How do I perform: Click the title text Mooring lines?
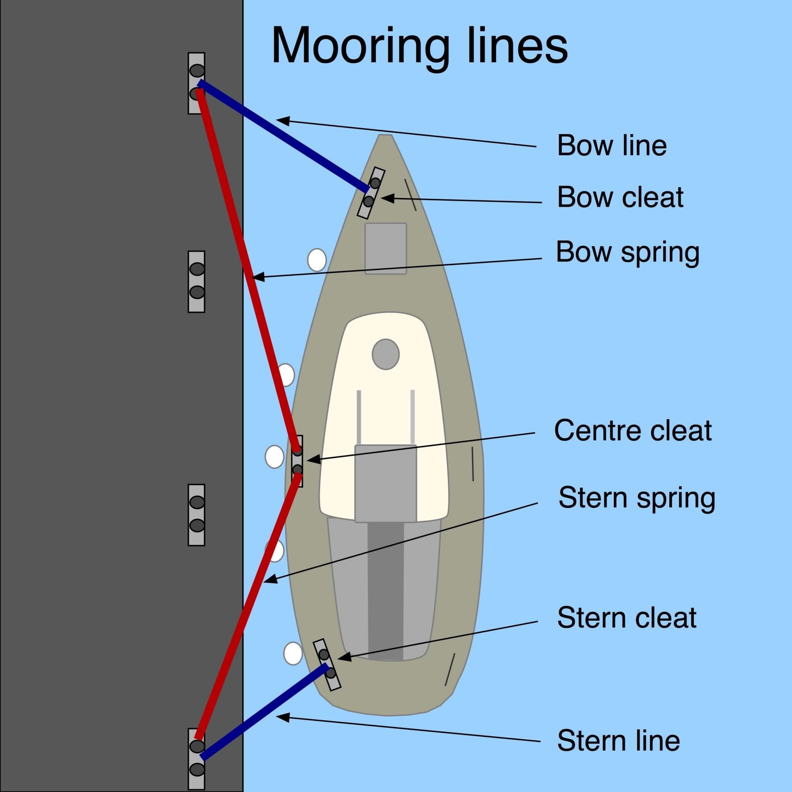pyautogui.click(x=419, y=45)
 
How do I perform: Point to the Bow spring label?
pyautogui.click(x=627, y=252)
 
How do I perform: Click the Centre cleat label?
pyautogui.click(x=633, y=431)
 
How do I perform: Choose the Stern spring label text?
pyautogui.click(x=636, y=498)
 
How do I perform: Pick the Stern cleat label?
pyautogui.click(x=627, y=618)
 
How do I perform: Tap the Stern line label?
pyautogui.click(x=618, y=740)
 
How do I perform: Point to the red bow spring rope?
pyautogui.click(x=247, y=268)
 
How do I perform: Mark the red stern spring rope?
pyautogui.click(x=247, y=610)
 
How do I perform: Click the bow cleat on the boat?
pyautogui.click(x=371, y=193)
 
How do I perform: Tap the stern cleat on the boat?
pyautogui.click(x=327, y=664)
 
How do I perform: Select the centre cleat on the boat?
pyautogui.click(x=297, y=461)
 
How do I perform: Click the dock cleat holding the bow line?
pyautogui.click(x=196, y=83)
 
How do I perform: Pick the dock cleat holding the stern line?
pyautogui.click(x=196, y=758)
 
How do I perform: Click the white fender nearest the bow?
pyautogui.click(x=317, y=260)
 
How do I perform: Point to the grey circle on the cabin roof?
pyautogui.click(x=386, y=354)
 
